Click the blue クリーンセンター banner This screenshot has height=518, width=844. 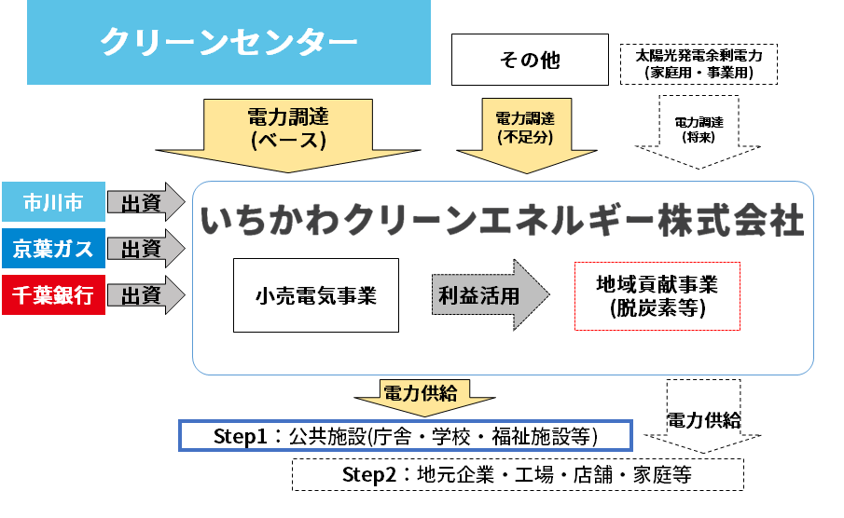tap(215, 42)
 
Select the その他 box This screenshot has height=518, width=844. tap(530, 60)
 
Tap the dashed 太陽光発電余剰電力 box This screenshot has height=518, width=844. tap(699, 63)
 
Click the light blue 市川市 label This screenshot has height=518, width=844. tap(52, 203)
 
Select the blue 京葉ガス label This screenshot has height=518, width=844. tap(52, 249)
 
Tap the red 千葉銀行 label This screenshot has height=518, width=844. tap(52, 295)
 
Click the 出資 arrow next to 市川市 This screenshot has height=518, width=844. tap(145, 203)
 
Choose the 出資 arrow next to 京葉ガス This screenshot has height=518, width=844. tap(145, 249)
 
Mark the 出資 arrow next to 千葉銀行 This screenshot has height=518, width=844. tap(145, 295)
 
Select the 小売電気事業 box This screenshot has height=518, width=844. tap(315, 295)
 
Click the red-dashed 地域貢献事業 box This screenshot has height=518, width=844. tap(657, 295)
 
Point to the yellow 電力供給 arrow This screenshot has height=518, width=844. tap(419, 396)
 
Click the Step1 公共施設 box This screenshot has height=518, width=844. tap(406, 436)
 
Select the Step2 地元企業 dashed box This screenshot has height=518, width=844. tap(518, 474)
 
